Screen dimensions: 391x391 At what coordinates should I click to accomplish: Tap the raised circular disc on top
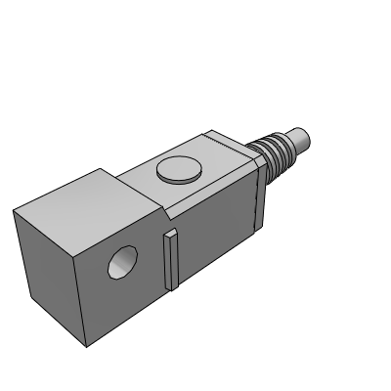pyautogui.click(x=178, y=172)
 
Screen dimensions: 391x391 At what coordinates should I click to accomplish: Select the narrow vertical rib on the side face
pyautogui.click(x=171, y=259)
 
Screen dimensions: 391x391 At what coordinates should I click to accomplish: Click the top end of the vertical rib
pyautogui.click(x=171, y=233)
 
